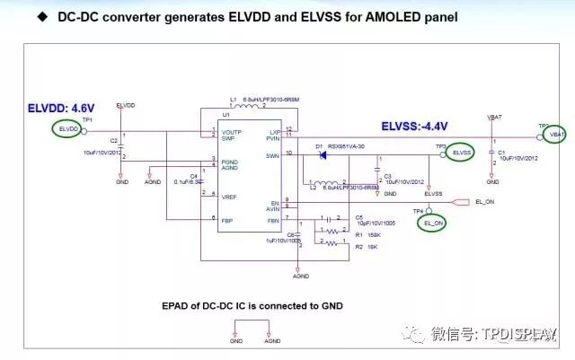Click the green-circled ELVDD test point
[67, 130]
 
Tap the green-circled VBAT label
[555, 135]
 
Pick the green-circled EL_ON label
[431, 222]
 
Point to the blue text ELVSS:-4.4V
[415, 126]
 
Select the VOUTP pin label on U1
[233, 132]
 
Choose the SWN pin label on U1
[274, 154]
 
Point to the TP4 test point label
[418, 210]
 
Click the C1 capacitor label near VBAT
[501, 153]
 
